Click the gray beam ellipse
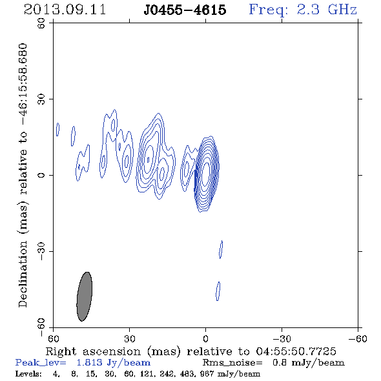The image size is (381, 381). click(85, 296)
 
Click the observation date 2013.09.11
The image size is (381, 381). click(65, 10)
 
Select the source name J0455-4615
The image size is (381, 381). click(185, 10)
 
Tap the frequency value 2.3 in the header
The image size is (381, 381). click(308, 10)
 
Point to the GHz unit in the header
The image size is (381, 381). click(342, 10)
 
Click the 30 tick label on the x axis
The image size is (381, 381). click(130, 338)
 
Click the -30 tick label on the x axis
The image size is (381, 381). click(282, 338)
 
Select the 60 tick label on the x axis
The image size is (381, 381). click(53, 338)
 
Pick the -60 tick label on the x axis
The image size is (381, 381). click(358, 338)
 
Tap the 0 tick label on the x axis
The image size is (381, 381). click(205, 338)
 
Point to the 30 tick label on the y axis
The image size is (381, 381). click(41, 99)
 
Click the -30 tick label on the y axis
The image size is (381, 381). click(41, 251)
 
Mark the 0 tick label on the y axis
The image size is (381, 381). click(41, 175)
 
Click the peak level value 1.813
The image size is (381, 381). click(89, 362)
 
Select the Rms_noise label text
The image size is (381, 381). click(232, 363)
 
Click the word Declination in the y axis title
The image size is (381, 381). click(23, 274)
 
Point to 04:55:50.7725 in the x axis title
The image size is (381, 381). click(296, 351)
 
